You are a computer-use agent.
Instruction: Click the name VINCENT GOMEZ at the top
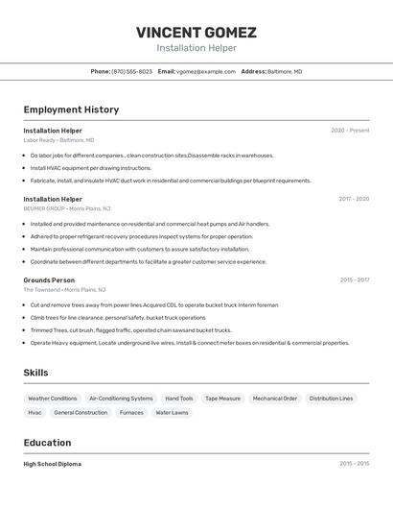[196, 32]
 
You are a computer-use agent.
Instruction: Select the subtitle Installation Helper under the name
[196, 48]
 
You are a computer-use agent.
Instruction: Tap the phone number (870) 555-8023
[131, 71]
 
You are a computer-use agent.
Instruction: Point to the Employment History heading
[71, 109]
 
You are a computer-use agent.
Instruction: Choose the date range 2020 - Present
[350, 130]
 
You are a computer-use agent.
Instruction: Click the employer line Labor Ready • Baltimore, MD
[58, 139]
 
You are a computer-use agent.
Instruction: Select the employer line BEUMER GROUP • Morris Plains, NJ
[66, 208]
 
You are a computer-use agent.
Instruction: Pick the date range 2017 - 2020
[354, 199]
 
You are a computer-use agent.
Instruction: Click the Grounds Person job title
[49, 279]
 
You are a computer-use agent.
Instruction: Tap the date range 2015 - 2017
[354, 279]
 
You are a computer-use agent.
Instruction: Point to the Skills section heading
[35, 373]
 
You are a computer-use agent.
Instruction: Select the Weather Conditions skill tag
[52, 399]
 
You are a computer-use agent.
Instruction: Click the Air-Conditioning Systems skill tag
[121, 399]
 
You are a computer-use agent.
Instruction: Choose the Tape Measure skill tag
[222, 399]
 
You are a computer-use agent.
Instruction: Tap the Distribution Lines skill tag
[331, 399]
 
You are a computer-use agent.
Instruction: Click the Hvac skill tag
[35, 413]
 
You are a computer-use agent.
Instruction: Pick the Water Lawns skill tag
[172, 413]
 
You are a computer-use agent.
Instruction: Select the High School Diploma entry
[53, 464]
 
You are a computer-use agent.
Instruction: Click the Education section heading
[47, 443]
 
